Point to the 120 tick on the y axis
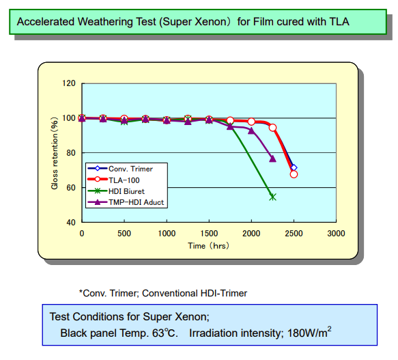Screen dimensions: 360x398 click(x=68, y=83)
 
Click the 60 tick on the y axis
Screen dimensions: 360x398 click(x=71, y=187)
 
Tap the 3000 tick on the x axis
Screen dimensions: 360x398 click(x=336, y=233)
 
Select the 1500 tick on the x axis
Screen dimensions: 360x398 click(x=209, y=233)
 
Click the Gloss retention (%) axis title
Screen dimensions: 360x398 click(x=55, y=152)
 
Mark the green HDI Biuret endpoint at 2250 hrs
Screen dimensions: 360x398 click(x=272, y=197)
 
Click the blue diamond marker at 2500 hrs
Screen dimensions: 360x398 click(x=294, y=167)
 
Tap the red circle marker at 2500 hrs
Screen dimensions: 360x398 click(x=294, y=174)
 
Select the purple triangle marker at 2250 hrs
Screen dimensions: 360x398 click(x=272, y=158)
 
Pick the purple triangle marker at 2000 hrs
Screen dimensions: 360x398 click(x=251, y=130)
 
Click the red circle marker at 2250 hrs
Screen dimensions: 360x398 click(x=272, y=128)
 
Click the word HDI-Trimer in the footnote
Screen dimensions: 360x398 click(x=222, y=293)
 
